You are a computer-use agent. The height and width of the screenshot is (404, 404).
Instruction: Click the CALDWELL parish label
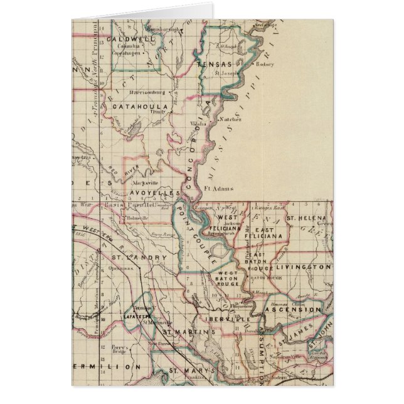[130, 39]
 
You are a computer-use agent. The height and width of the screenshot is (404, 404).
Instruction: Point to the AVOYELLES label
[154, 193]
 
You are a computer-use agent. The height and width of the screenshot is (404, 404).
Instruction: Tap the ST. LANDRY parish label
[130, 258]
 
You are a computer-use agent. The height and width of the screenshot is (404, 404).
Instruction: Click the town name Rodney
[265, 64]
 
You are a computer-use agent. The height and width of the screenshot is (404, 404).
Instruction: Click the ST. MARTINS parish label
[183, 330]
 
